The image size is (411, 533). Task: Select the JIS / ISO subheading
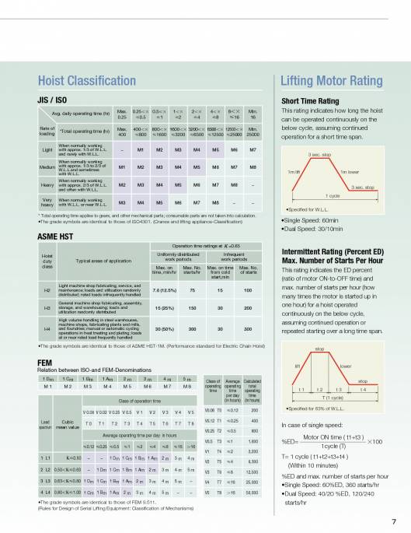[x=52, y=100]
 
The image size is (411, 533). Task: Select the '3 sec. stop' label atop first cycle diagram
[x=320, y=156]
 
